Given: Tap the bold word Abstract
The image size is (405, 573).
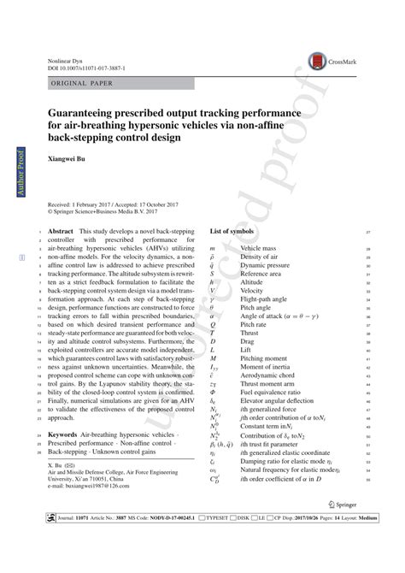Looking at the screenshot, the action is point(62,232).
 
